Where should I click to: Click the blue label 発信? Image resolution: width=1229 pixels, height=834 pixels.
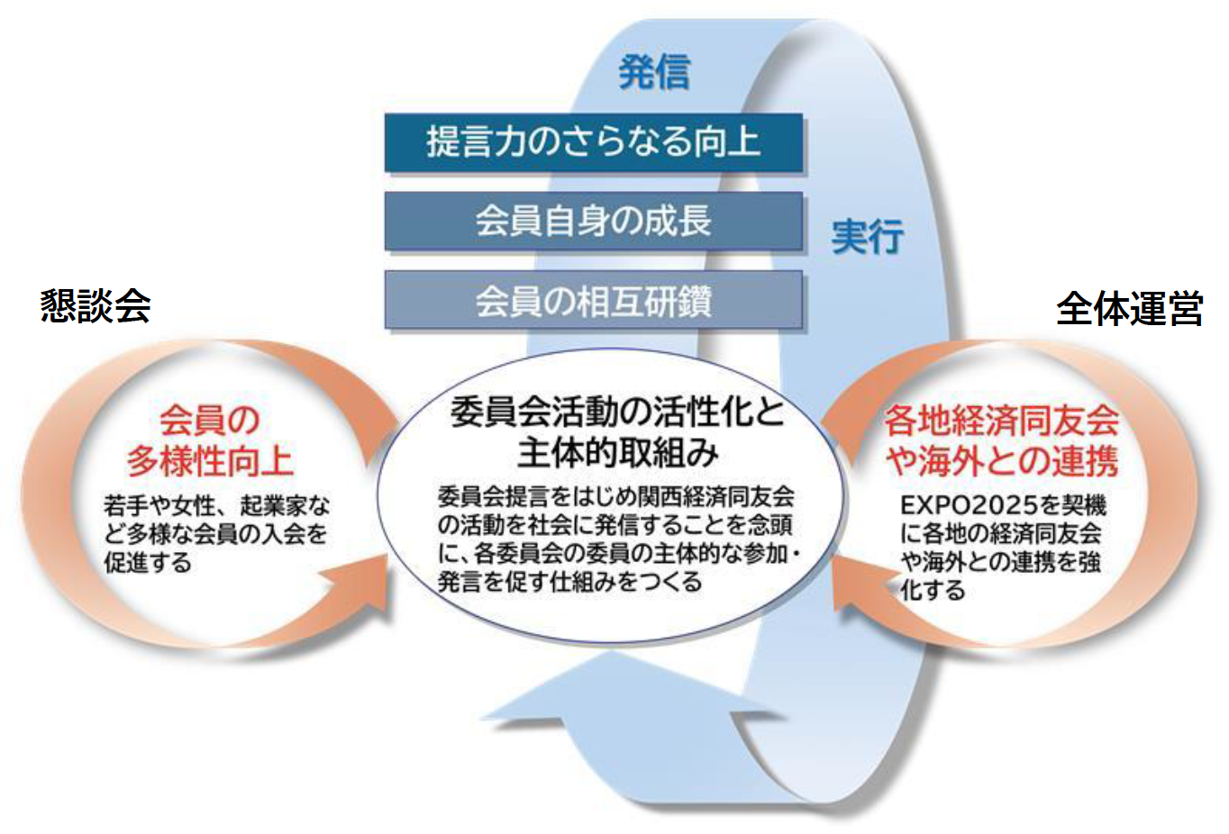point(654,71)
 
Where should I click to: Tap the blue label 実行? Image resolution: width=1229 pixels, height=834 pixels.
point(868,236)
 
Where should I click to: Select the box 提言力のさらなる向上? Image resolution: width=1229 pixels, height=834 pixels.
point(594,142)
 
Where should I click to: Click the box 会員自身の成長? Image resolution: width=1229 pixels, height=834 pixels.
point(594,221)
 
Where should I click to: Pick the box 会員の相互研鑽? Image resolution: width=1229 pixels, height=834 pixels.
point(594,300)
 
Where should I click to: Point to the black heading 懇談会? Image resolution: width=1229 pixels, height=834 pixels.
point(96,306)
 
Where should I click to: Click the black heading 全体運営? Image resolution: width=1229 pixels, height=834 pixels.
point(1130,308)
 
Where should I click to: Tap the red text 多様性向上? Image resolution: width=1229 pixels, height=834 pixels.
point(210,461)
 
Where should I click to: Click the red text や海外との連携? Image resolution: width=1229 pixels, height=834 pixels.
point(1002,461)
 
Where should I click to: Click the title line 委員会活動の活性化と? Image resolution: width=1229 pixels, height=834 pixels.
point(617,412)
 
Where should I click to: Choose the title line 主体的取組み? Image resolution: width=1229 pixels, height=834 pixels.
point(617,453)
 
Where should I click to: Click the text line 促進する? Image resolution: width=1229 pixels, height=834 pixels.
point(148,563)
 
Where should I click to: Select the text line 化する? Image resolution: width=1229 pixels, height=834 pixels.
point(933,591)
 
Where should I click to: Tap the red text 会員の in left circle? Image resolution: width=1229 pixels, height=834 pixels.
point(210,421)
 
